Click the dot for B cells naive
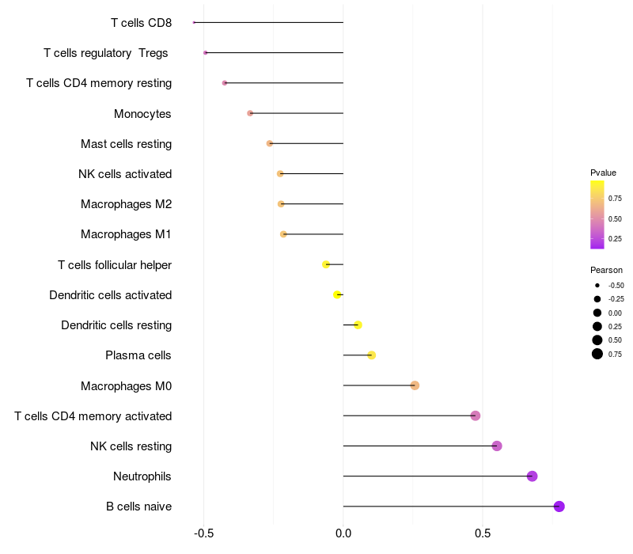559,507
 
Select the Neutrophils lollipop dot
533,476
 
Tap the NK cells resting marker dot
497,446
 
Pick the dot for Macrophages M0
415,385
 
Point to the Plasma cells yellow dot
371,355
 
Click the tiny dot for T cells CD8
194,22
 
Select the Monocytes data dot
250,113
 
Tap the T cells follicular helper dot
326,264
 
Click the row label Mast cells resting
126,144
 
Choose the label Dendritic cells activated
110,295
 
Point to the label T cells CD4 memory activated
93,416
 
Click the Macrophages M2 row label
126,204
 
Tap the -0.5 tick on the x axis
203,534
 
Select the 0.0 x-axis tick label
343,534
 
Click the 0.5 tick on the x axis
483,534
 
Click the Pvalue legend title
603,173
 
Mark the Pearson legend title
605,270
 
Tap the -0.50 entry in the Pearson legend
616,285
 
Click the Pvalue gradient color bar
597,214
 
